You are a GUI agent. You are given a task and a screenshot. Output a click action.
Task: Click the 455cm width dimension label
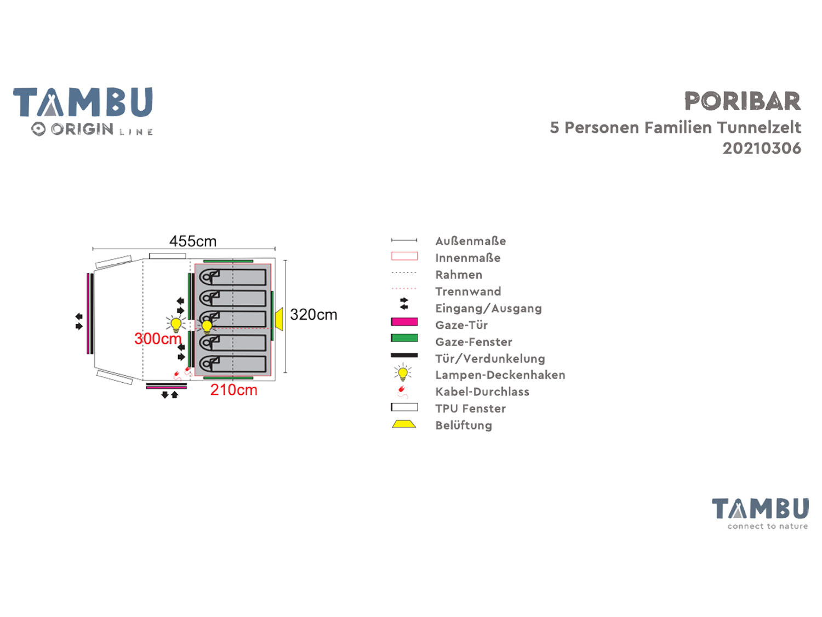192,241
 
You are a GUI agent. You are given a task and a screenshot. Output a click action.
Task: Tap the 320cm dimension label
313,315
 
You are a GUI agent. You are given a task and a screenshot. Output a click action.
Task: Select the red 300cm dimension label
158,339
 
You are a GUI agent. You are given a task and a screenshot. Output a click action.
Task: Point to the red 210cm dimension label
233,390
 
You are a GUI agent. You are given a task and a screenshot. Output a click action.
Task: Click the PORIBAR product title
743,101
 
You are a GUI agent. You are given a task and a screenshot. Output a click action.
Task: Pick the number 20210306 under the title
762,149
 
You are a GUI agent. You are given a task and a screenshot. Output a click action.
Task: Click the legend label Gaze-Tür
461,325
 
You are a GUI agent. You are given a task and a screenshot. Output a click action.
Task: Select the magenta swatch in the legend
404,322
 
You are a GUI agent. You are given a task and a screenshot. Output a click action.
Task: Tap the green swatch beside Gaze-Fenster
404,338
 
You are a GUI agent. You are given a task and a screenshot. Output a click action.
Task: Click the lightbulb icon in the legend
403,373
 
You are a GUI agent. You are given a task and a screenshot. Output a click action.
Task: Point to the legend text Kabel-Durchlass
482,392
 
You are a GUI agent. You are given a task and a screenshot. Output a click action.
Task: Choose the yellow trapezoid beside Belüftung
404,424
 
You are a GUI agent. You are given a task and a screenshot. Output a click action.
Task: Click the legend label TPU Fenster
470,409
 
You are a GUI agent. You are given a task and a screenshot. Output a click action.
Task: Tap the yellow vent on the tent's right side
279,319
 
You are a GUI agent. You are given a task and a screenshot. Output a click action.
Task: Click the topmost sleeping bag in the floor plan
233,276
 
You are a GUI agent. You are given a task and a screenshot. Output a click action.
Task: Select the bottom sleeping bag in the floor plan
233,364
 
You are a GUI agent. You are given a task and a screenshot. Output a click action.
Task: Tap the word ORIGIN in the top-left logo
82,129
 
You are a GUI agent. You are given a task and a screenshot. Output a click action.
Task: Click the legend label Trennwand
468,292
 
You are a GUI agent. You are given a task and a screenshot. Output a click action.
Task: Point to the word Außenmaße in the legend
470,241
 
